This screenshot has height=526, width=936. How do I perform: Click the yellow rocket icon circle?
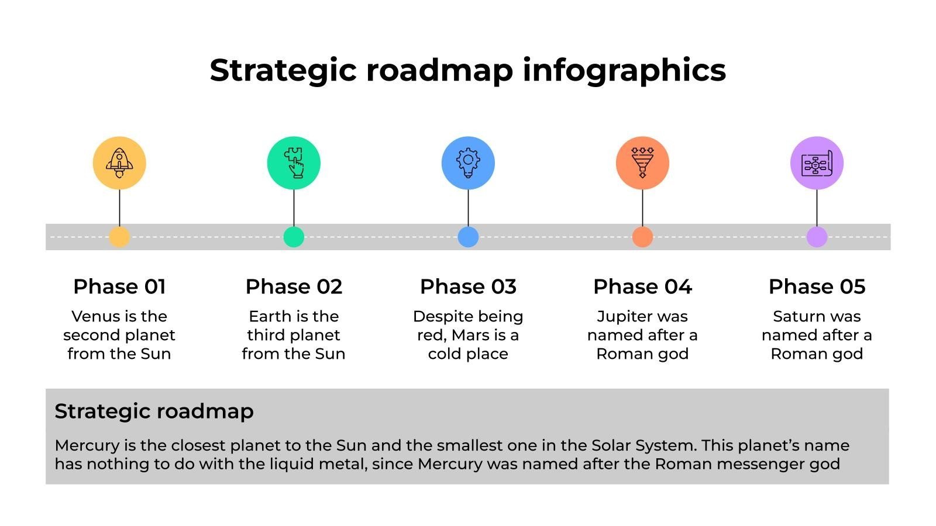[x=119, y=163]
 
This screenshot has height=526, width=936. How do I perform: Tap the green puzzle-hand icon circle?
[x=294, y=163]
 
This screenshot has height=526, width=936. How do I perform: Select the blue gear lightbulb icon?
[x=468, y=163]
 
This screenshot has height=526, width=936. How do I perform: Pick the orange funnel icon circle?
[x=642, y=163]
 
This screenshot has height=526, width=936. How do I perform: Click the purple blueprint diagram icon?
[x=817, y=163]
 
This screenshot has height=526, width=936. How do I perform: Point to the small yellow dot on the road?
[x=119, y=237]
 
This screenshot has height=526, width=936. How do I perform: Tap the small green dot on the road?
[x=294, y=237]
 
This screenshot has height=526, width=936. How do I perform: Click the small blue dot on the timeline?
[x=468, y=237]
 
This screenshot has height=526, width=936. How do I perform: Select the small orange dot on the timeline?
[x=642, y=237]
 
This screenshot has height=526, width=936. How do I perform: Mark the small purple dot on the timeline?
[x=817, y=237]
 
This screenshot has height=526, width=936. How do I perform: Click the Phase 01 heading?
[x=119, y=287]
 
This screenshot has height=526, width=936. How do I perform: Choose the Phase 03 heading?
[x=468, y=287]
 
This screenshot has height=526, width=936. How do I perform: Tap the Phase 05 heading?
[x=817, y=287]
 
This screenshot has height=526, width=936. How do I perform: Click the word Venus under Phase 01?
[x=97, y=316]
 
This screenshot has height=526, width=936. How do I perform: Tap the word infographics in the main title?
[x=624, y=71]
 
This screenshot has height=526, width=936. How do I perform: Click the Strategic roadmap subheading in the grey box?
[x=154, y=411]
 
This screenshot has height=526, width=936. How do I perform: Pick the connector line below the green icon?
[x=294, y=208]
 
